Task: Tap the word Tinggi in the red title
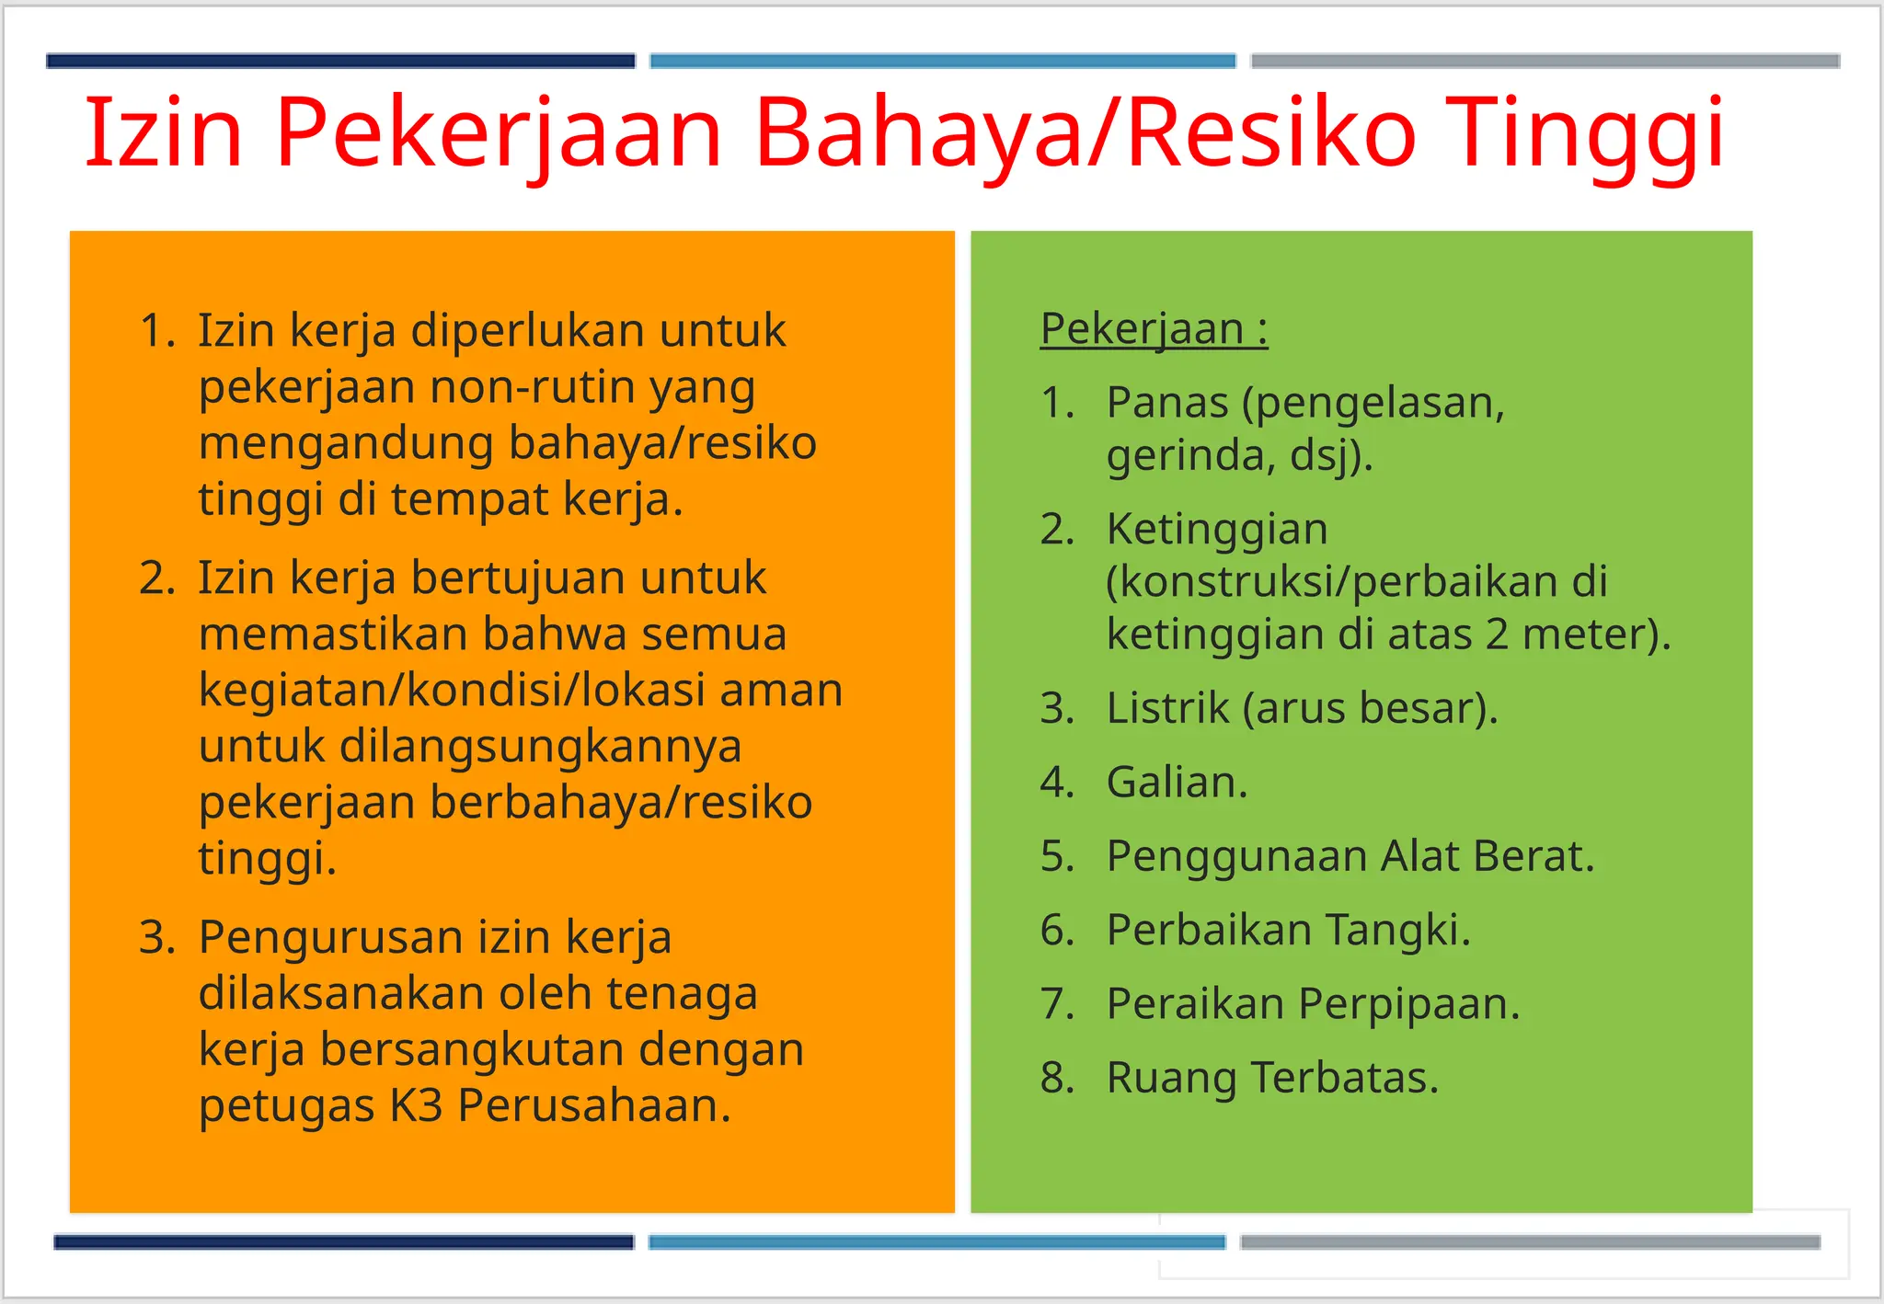pyautogui.click(x=1584, y=133)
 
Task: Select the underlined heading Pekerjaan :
pyautogui.click(x=1154, y=328)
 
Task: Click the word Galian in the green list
pyautogui.click(x=1176, y=783)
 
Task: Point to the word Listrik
pyautogui.click(x=1167, y=708)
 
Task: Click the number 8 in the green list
pyautogui.click(x=1057, y=1078)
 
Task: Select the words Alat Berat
pyautogui.click(x=1487, y=856)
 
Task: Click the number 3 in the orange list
pyautogui.click(x=156, y=937)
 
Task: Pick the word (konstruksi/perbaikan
pyautogui.click(x=1356, y=581)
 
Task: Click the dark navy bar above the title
pyautogui.click(x=340, y=62)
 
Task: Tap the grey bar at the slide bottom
pyautogui.click(x=1529, y=1242)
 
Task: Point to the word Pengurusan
pyautogui.click(x=329, y=937)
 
